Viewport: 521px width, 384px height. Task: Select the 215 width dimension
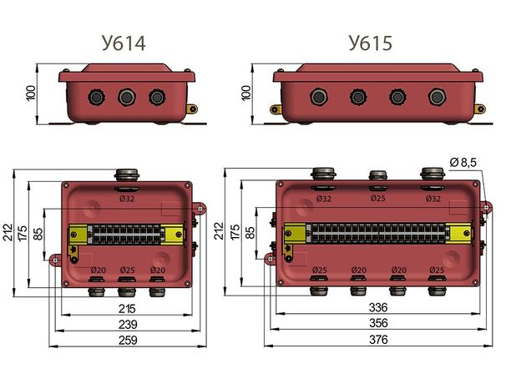tap(127, 309)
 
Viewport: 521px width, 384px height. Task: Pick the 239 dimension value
tap(127, 324)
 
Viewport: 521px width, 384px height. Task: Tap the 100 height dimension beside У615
tap(246, 93)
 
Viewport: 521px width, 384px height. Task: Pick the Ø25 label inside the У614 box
tap(128, 270)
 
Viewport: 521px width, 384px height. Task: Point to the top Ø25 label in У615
tap(377, 199)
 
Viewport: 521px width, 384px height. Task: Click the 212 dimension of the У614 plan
tap(9, 230)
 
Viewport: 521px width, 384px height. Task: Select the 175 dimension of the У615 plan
tap(235, 230)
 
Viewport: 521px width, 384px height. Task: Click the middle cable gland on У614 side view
tap(126, 98)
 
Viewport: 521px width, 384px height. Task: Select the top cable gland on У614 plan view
tap(127, 174)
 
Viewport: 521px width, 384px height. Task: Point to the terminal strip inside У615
tap(378, 233)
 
